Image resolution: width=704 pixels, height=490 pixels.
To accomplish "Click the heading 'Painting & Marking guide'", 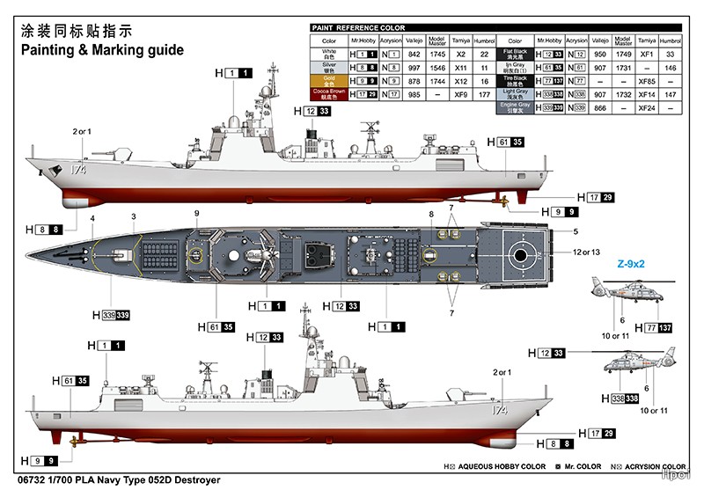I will (x=103, y=50).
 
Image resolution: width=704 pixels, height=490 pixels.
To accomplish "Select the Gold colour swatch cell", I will (x=329, y=79).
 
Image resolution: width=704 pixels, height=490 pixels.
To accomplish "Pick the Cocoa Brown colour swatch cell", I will (x=329, y=92).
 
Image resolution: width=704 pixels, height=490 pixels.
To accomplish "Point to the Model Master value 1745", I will (x=438, y=54).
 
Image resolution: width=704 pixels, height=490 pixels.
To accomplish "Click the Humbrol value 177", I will (x=484, y=93).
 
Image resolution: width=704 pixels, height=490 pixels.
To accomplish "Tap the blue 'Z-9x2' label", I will (x=632, y=263).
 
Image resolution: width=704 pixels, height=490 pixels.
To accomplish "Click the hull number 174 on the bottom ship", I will (x=499, y=410).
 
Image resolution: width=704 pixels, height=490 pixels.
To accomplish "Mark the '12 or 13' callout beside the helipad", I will (x=584, y=253).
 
